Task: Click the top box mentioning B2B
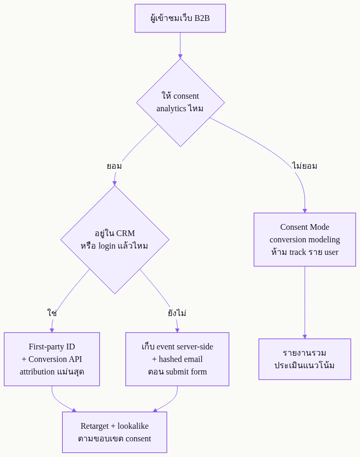click(180, 18)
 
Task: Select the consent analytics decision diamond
click(180, 102)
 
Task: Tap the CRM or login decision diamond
click(115, 240)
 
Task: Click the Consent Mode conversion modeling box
click(305, 240)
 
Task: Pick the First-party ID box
click(52, 359)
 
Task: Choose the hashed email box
click(177, 359)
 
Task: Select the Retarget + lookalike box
click(114, 432)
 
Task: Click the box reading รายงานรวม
click(305, 359)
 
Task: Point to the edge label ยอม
click(114, 166)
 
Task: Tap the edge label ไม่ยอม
click(305, 166)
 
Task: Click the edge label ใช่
click(52, 313)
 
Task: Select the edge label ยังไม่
click(177, 313)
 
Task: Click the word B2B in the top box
click(202, 18)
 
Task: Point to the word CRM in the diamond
click(125, 233)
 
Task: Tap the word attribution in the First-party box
click(37, 372)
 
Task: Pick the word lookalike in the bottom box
click(133, 426)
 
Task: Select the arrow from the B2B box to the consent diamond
click(180, 45)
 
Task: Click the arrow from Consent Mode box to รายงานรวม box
click(305, 302)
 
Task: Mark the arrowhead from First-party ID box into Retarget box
click(74, 410)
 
